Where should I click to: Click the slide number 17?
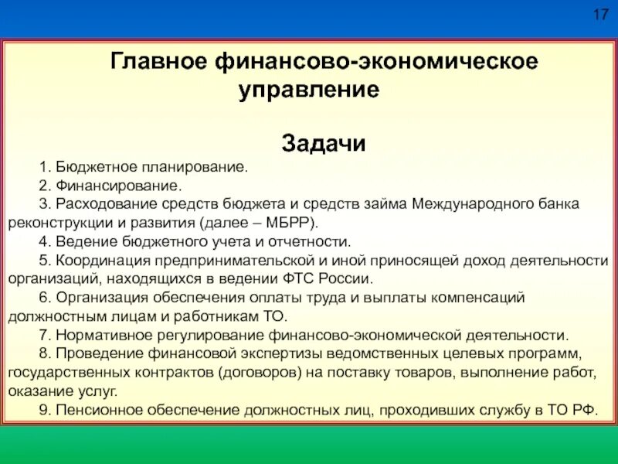600,16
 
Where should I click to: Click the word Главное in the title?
156,61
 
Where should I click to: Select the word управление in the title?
309,90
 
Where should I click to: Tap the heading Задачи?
324,144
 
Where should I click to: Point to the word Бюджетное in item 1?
91,168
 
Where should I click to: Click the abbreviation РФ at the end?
586,410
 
